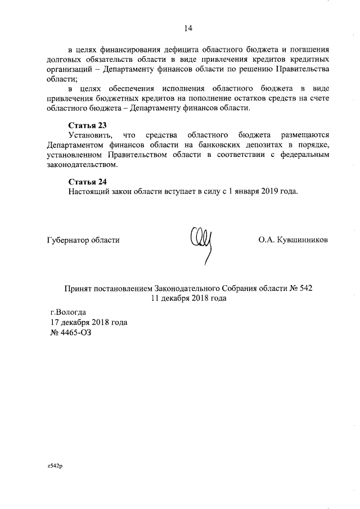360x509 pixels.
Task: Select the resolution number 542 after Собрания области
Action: point(304,288)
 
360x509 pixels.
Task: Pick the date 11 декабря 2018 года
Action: point(188,298)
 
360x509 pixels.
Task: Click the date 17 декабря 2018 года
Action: point(89,322)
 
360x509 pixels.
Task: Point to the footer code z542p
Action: point(55,467)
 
